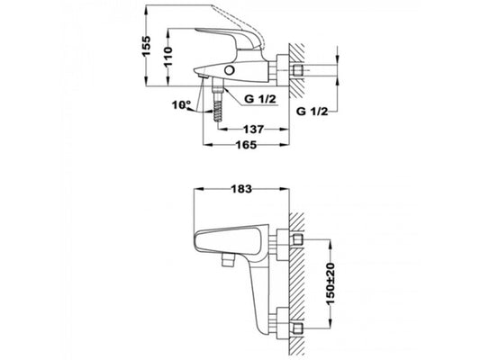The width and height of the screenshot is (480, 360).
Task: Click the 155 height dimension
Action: [147, 46]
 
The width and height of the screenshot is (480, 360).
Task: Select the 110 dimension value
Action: [168, 57]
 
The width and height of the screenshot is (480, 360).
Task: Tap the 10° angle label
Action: [181, 105]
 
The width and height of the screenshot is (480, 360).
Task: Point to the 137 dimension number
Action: [253, 130]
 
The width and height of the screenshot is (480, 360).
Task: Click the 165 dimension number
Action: [246, 145]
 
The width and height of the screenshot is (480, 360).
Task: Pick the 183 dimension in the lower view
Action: [241, 189]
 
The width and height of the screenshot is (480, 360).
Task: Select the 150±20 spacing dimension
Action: [331, 283]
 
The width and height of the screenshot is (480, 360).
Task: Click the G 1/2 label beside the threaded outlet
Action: [260, 99]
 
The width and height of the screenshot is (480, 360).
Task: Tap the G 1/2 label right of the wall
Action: [312, 112]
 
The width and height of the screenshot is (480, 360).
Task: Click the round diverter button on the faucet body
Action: [229, 69]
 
